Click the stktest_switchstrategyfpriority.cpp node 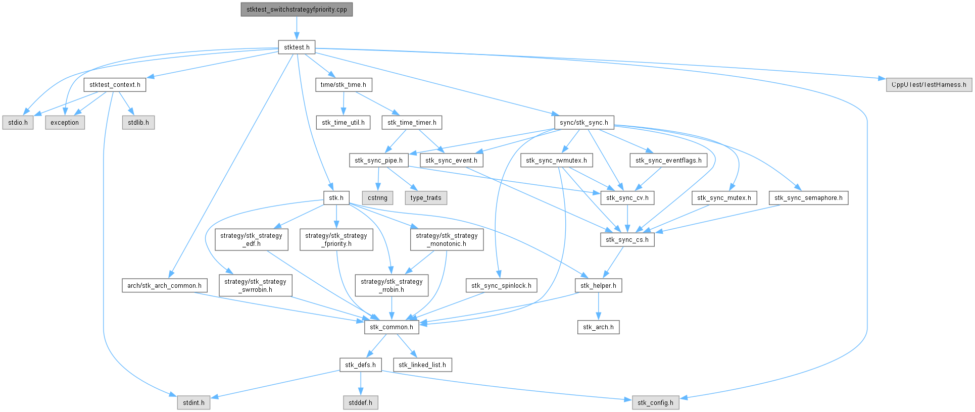click(297, 10)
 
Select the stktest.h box click(297, 47)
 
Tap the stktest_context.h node click(115, 85)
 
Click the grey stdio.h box click(18, 123)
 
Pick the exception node click(65, 123)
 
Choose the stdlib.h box click(138, 123)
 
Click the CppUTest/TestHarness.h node click(929, 85)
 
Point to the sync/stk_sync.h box click(583, 123)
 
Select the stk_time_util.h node click(343, 123)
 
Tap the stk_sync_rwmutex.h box click(556, 161)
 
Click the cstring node click(377, 198)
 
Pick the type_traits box click(426, 198)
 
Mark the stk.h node click(336, 198)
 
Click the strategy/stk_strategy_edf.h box click(251, 240)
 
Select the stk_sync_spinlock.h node click(501, 286)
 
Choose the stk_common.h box click(391, 327)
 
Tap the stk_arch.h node click(598, 327)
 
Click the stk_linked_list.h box click(422, 365)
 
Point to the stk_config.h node click(655, 403)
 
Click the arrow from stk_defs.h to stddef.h click(360, 384)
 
